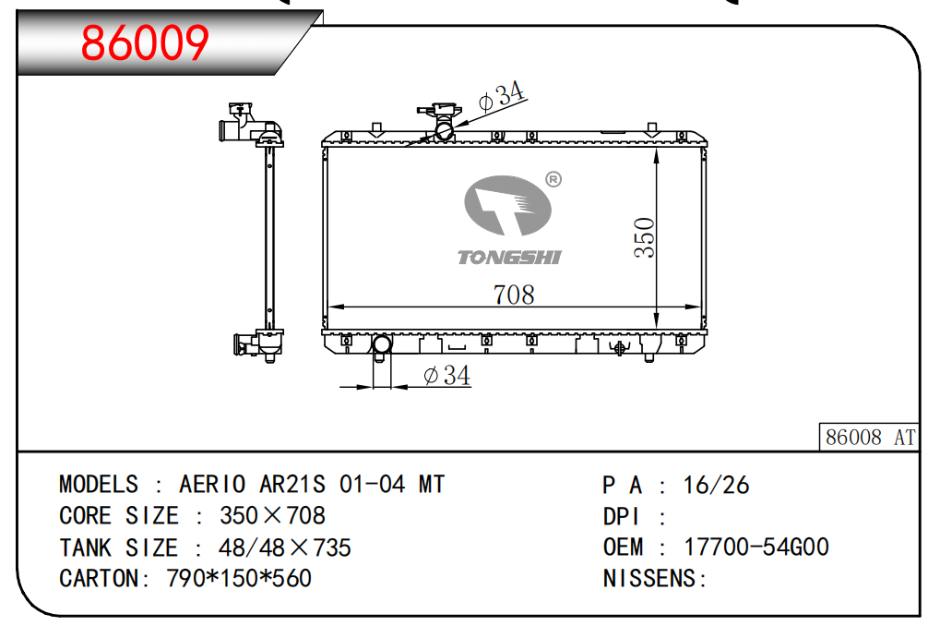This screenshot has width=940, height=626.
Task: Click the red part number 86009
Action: click(x=146, y=42)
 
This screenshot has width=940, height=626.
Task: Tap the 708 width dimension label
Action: click(x=514, y=294)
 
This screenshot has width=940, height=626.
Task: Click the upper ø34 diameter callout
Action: click(x=503, y=95)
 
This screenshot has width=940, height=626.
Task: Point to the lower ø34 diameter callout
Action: click(x=446, y=375)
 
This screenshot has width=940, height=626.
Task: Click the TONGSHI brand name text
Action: click(x=509, y=258)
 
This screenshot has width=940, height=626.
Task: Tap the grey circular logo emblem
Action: click(x=506, y=208)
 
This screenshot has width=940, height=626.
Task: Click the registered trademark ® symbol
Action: click(x=553, y=179)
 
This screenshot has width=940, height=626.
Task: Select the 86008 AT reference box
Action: click(x=869, y=437)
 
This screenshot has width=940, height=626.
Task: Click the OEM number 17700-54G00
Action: click(x=756, y=547)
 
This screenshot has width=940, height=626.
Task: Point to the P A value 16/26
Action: click(x=716, y=485)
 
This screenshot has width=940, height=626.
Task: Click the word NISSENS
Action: click(x=649, y=578)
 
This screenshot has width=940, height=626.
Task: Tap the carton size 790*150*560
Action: click(x=239, y=578)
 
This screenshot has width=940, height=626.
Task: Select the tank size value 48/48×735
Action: click(x=284, y=547)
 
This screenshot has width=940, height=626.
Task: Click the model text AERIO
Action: click(x=212, y=485)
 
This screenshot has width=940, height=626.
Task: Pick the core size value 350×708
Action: click(x=272, y=515)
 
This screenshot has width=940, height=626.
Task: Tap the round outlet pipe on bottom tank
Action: click(x=382, y=346)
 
